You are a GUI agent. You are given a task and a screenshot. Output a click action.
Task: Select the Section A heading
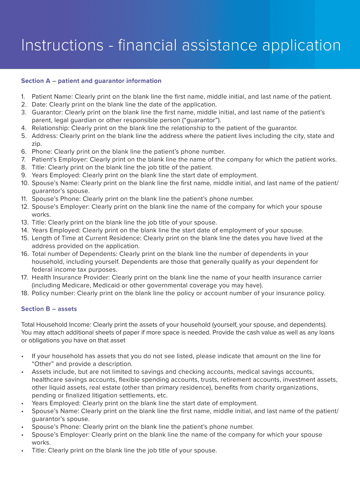coord(91,81)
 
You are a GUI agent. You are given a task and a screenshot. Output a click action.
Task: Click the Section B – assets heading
coord(49,309)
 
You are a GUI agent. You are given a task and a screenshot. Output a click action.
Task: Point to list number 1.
coord(23,97)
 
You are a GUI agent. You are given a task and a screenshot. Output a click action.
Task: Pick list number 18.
coord(25,293)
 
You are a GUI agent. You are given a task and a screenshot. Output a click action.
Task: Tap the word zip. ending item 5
coord(37,144)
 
